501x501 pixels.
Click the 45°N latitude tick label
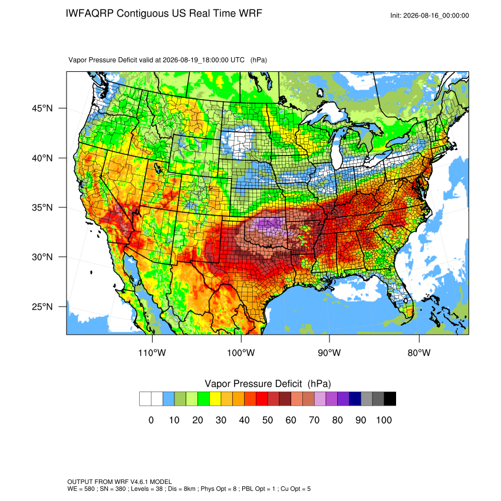click(x=42, y=108)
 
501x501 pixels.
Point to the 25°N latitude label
click(x=42, y=306)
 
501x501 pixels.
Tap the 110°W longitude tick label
click(x=152, y=352)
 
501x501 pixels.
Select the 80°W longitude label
click(x=419, y=352)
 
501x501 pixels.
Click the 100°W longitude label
click(x=241, y=352)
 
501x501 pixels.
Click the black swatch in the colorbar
click(x=390, y=399)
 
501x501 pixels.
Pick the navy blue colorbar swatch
click(x=355, y=399)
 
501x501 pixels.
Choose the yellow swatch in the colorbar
click(x=215, y=399)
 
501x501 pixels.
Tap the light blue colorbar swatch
click(x=169, y=399)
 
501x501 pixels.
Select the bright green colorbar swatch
click(x=203, y=399)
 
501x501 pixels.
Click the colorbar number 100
click(x=384, y=420)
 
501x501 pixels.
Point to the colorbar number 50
click(x=268, y=420)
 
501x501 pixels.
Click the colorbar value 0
click(x=151, y=420)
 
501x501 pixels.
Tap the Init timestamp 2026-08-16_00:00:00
click(x=436, y=16)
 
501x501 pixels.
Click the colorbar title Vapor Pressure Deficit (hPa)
click(x=268, y=384)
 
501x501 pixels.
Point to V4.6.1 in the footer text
click(x=139, y=482)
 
